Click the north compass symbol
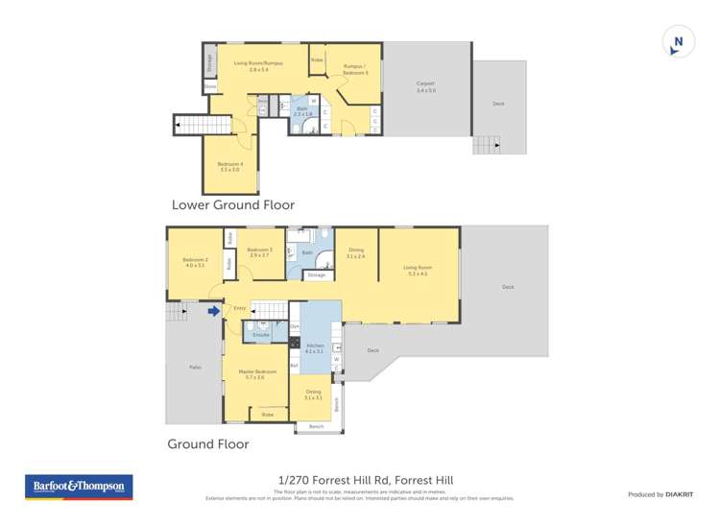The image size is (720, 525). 678,41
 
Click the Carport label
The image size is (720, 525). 425,84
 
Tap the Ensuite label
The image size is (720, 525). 260,334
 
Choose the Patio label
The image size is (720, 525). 194,368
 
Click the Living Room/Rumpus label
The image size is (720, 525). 258,63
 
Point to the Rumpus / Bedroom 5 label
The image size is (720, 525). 356,69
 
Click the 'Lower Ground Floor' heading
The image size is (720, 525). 232,204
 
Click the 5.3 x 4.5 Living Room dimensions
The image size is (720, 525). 417,274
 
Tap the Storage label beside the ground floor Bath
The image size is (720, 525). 316,275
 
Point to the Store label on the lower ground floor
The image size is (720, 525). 210,86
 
